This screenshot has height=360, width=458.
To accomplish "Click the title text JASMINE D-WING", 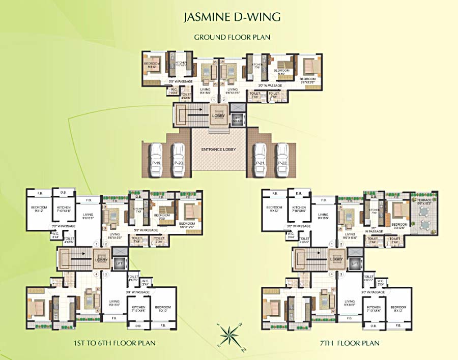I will point(232,18).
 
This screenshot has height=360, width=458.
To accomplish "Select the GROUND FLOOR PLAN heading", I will point(232,37).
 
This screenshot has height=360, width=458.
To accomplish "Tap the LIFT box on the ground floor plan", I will point(237,120).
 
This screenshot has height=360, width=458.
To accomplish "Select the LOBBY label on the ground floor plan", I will point(218,116).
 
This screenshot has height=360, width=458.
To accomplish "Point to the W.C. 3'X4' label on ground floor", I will point(174,92).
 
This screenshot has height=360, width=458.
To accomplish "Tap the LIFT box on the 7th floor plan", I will point(355,263).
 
